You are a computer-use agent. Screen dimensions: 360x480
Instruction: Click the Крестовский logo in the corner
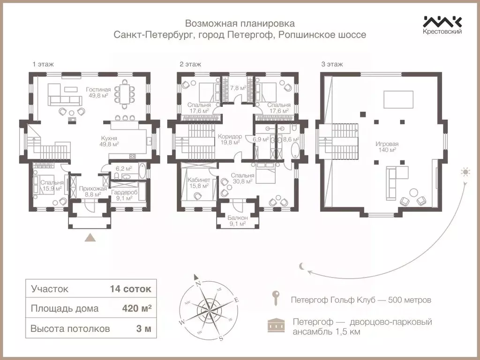click(442, 25)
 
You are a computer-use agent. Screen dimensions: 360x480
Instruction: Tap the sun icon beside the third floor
click(465, 172)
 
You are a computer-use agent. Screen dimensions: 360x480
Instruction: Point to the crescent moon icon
click(303, 266)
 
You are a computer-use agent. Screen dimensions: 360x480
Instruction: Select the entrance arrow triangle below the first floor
click(90, 238)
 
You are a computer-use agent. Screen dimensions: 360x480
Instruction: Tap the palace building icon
click(276, 325)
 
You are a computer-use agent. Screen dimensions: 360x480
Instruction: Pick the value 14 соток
click(130, 289)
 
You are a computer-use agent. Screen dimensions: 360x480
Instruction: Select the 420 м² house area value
click(136, 308)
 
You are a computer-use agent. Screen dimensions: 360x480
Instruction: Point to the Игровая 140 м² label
click(386, 147)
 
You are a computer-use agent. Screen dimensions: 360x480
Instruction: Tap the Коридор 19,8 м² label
click(230, 139)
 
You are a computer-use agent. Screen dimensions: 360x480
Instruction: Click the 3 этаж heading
click(332, 64)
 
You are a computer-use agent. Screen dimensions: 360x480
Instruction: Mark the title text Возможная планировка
click(240, 23)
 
